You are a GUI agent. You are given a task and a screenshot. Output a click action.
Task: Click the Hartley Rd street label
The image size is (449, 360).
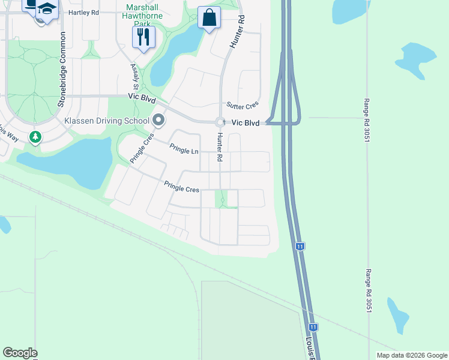point(83,13)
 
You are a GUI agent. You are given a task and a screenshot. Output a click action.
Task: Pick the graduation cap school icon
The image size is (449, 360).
point(47,10)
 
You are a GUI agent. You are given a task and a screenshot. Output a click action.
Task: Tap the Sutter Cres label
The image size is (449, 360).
point(243,106)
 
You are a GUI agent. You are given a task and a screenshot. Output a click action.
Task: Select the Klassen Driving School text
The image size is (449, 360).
point(107,121)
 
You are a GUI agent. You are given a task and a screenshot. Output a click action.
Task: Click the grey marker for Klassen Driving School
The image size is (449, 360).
point(158,120)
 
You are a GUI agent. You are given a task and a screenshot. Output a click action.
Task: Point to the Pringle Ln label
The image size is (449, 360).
point(184,149)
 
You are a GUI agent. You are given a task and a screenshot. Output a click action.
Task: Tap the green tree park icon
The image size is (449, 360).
point(35,137)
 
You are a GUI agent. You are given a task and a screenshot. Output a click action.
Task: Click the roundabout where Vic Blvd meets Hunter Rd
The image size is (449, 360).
point(220,121)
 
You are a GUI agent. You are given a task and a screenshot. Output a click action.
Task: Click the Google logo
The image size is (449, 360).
point(20,353)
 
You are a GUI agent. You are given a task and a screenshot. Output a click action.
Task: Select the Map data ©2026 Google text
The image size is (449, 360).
point(411,355)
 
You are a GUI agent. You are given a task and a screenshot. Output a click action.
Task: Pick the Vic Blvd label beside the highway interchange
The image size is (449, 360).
point(246,122)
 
